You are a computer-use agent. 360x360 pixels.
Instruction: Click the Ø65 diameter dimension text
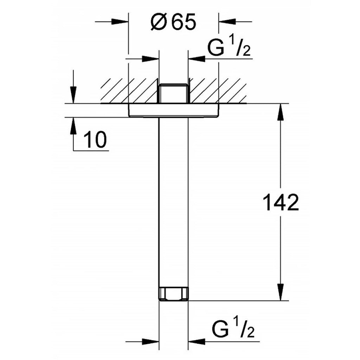(x=173, y=22)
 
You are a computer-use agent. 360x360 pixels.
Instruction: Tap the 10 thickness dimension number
(x=95, y=140)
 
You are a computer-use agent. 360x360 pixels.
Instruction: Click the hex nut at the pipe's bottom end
(x=174, y=293)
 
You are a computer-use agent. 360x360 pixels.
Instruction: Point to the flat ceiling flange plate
(x=173, y=110)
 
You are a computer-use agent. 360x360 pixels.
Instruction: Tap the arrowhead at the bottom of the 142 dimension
(x=280, y=292)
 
